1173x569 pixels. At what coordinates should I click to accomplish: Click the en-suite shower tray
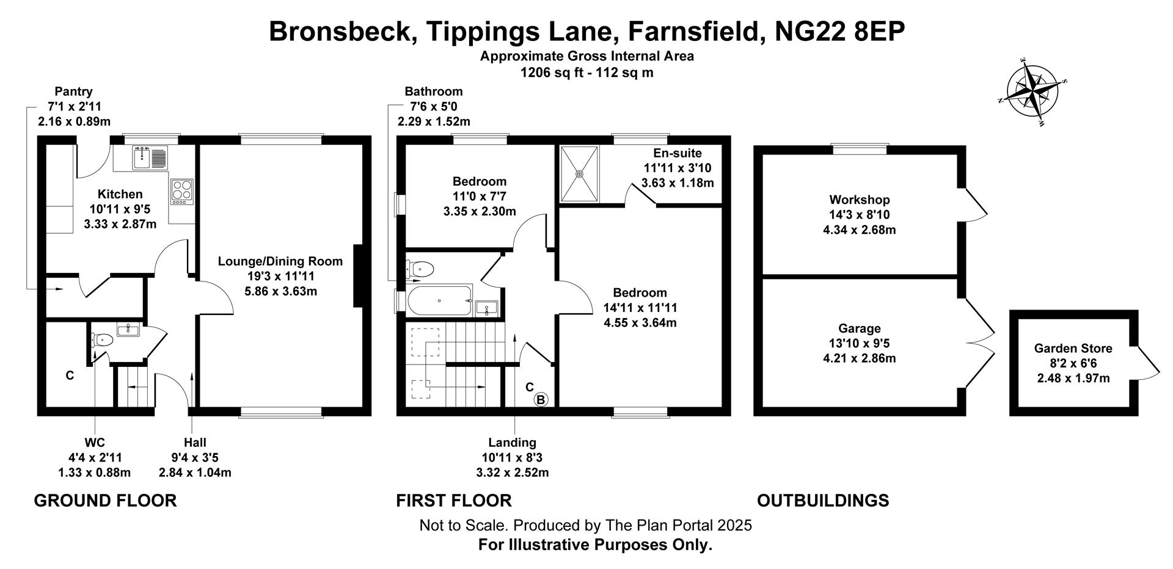click(579, 173)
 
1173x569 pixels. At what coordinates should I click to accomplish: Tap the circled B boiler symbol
click(541, 400)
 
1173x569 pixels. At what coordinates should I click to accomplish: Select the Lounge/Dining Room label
click(280, 261)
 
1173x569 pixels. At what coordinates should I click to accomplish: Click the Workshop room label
click(859, 200)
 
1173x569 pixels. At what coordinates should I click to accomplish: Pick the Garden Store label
click(1073, 349)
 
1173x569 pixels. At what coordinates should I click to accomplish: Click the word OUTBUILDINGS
click(822, 501)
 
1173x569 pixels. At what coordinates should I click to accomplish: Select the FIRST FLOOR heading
click(453, 501)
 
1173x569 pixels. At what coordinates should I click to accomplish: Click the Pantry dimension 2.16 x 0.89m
click(74, 121)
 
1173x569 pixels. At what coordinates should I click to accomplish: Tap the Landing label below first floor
click(512, 443)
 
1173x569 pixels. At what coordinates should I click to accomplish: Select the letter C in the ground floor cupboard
click(70, 375)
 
